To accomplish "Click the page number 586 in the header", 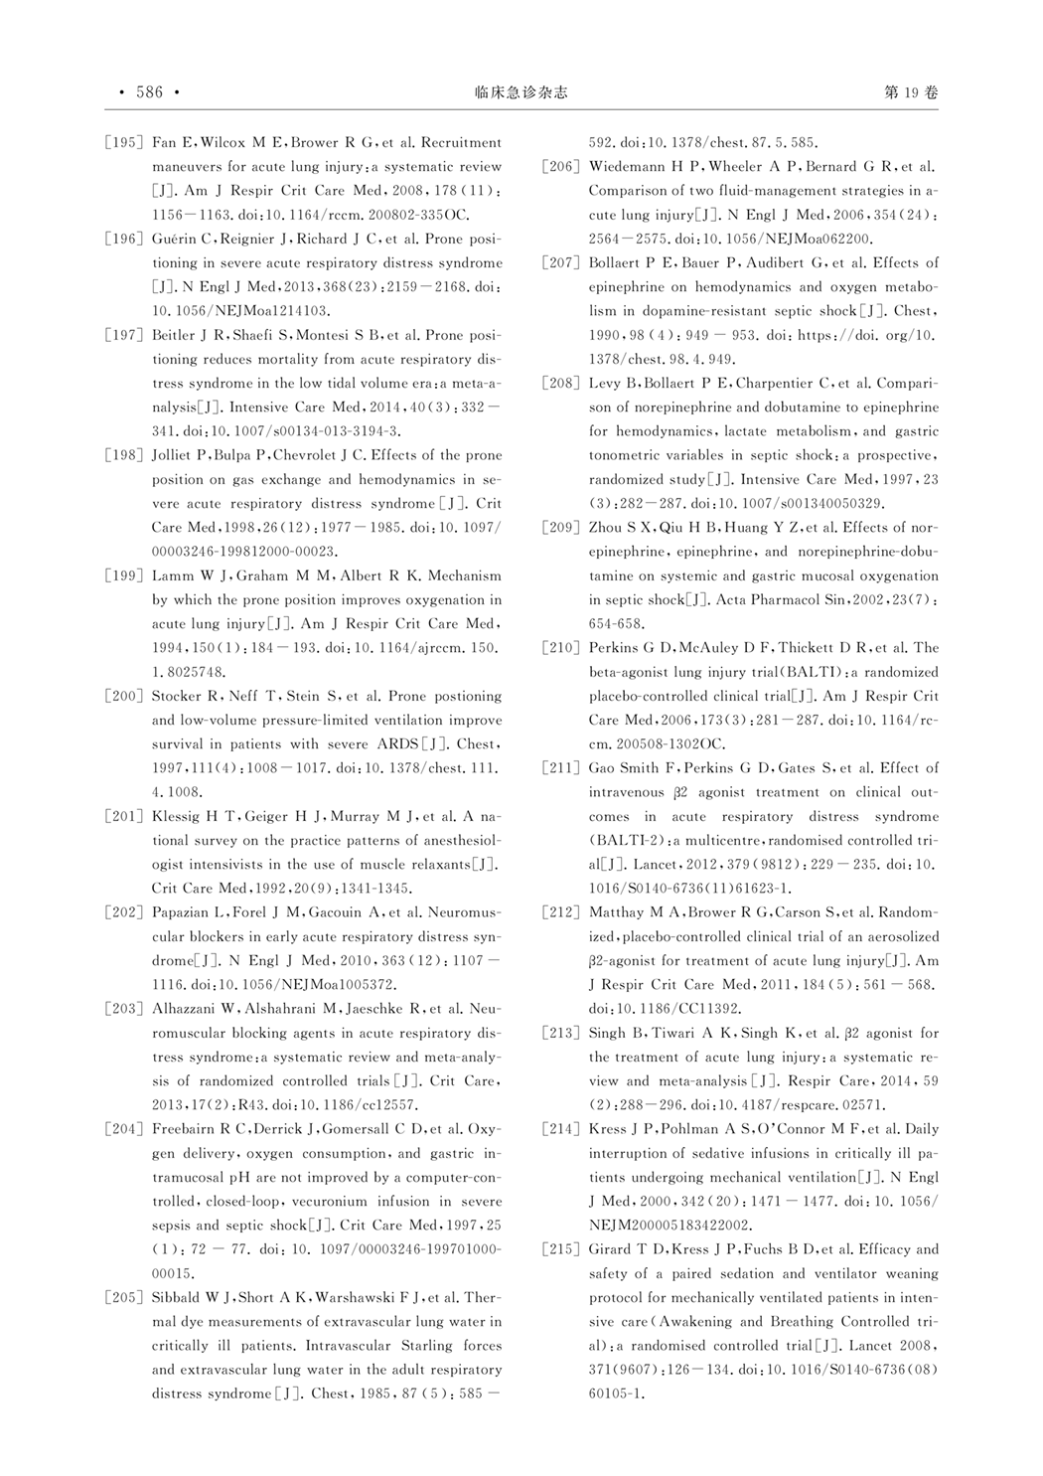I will [149, 92].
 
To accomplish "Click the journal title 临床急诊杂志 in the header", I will [521, 92].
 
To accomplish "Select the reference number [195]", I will [124, 142].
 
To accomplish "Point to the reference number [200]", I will [124, 696].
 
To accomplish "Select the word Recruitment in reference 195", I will [463, 142].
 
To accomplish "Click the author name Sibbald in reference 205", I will [176, 1297].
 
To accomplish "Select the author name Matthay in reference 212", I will [617, 912].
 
